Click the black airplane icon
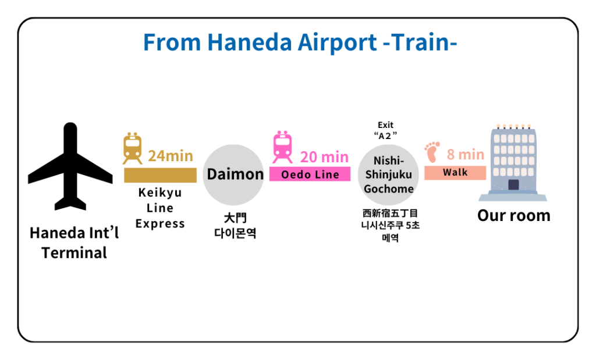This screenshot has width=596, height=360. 70,167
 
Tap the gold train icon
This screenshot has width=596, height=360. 132,148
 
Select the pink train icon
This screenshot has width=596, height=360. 282,147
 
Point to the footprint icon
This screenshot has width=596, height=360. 432,152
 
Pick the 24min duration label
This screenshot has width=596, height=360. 171,156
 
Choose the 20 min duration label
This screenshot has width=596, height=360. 324,157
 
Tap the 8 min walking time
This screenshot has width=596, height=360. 465,155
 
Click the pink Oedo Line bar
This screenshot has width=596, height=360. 310,174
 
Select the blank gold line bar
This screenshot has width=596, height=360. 161,176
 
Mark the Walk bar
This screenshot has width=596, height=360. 455,173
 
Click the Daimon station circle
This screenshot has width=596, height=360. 233,174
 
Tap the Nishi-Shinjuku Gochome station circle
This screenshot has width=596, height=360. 388,174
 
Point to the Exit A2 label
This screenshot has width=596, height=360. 385,130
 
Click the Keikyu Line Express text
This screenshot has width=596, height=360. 160,208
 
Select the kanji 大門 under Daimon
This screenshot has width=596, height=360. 235,218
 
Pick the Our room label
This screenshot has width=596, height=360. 513,215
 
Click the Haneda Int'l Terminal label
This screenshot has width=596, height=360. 74,243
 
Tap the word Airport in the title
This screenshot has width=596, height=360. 337,42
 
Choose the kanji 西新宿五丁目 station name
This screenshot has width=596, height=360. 390,213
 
